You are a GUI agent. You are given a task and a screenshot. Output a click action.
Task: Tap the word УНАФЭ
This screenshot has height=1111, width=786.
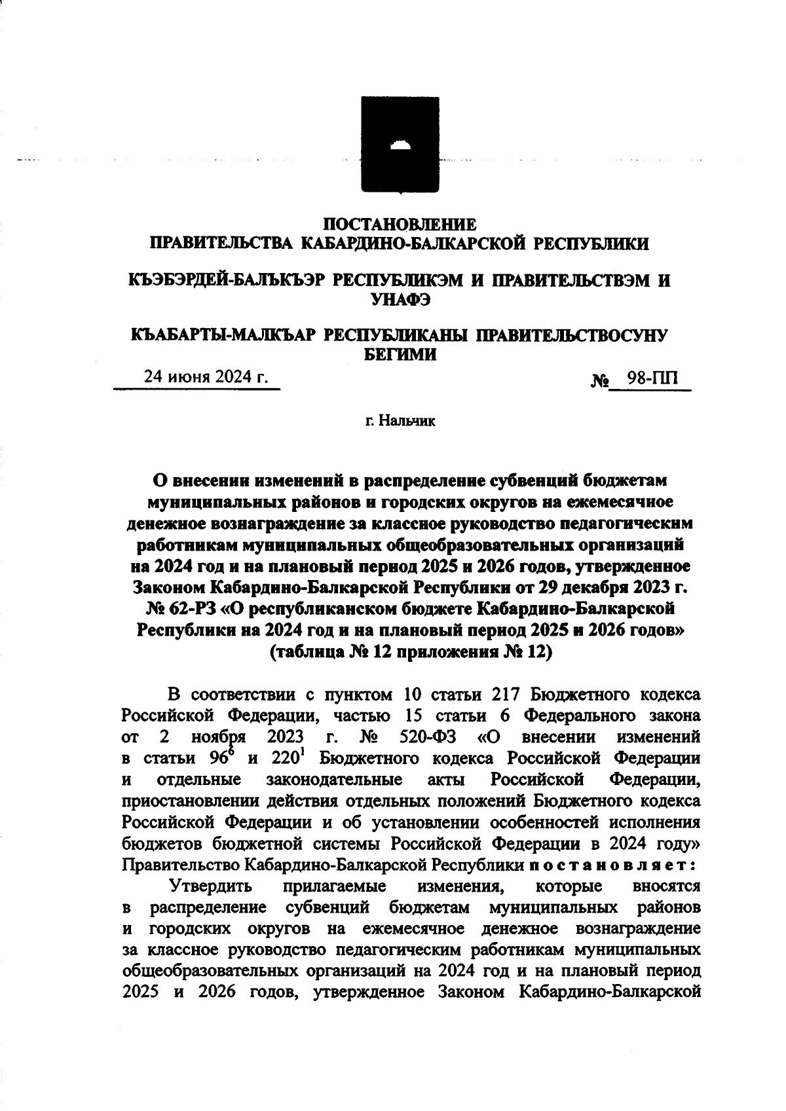(x=400, y=300)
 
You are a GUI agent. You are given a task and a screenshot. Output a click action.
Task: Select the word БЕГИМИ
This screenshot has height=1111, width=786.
(x=400, y=355)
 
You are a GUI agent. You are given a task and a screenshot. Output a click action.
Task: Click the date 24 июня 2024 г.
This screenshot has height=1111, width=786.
(x=206, y=377)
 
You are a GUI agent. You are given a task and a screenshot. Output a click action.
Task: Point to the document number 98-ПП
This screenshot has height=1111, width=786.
(x=652, y=378)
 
